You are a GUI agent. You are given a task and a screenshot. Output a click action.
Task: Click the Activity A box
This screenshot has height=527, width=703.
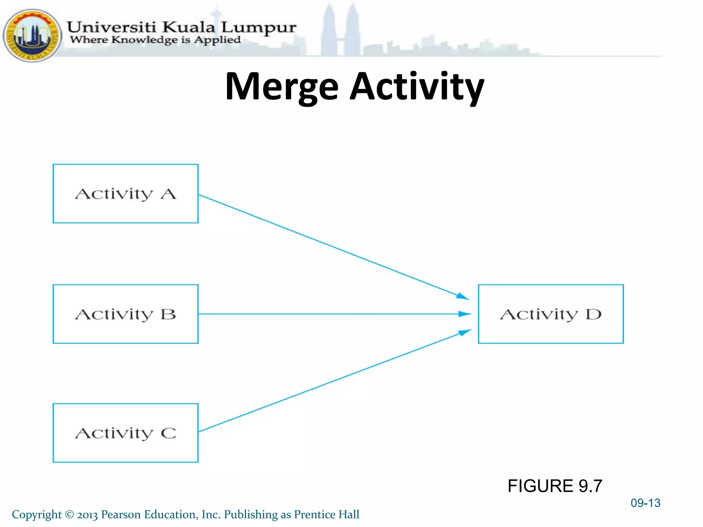125,194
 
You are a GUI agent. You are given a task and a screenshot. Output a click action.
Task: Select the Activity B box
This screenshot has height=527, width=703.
125,314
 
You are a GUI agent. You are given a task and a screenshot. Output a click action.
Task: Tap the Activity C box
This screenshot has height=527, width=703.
125,433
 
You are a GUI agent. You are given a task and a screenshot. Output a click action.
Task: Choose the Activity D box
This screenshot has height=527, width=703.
551,314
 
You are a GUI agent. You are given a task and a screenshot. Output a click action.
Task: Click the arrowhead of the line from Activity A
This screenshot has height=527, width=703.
463,296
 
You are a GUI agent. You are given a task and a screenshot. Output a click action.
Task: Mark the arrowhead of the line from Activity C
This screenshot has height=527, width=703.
465,332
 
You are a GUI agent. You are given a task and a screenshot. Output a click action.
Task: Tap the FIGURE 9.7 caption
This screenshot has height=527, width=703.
555,486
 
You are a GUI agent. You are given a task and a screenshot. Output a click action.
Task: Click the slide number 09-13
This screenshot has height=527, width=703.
645,503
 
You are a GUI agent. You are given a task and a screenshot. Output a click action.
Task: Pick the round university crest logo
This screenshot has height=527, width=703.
32,35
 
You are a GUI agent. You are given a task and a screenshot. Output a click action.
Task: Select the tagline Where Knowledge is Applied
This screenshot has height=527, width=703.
155,40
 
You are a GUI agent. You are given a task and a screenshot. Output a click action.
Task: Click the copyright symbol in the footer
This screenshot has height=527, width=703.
69,514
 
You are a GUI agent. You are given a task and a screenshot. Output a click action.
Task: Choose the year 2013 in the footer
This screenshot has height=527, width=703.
88,515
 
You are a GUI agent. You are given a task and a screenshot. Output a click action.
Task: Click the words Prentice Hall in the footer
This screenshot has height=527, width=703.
326,514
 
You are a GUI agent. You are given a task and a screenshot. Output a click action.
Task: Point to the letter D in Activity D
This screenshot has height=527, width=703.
593,314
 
